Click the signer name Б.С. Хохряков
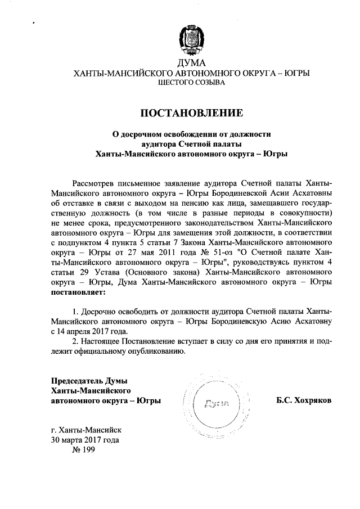[303, 400]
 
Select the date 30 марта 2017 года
[84, 440]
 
